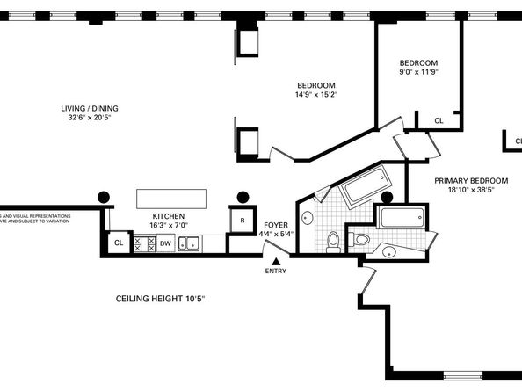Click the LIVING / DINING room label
pos(90,109)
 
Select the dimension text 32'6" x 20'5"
pos(90,119)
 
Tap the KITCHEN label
pos(168,215)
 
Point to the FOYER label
pos(276,226)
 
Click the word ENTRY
pos(276,271)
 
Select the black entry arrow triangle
pos(276,261)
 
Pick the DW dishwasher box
pos(165,243)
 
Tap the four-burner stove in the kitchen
pos(143,243)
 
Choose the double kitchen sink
pos(189,243)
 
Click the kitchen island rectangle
pos(172,197)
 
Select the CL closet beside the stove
pos(117,243)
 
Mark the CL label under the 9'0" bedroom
pos(439,121)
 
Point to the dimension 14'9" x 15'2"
pos(316,94)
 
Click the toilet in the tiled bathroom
pos(333,241)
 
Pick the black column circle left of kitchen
pos(104,198)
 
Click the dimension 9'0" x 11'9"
pos(418,72)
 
